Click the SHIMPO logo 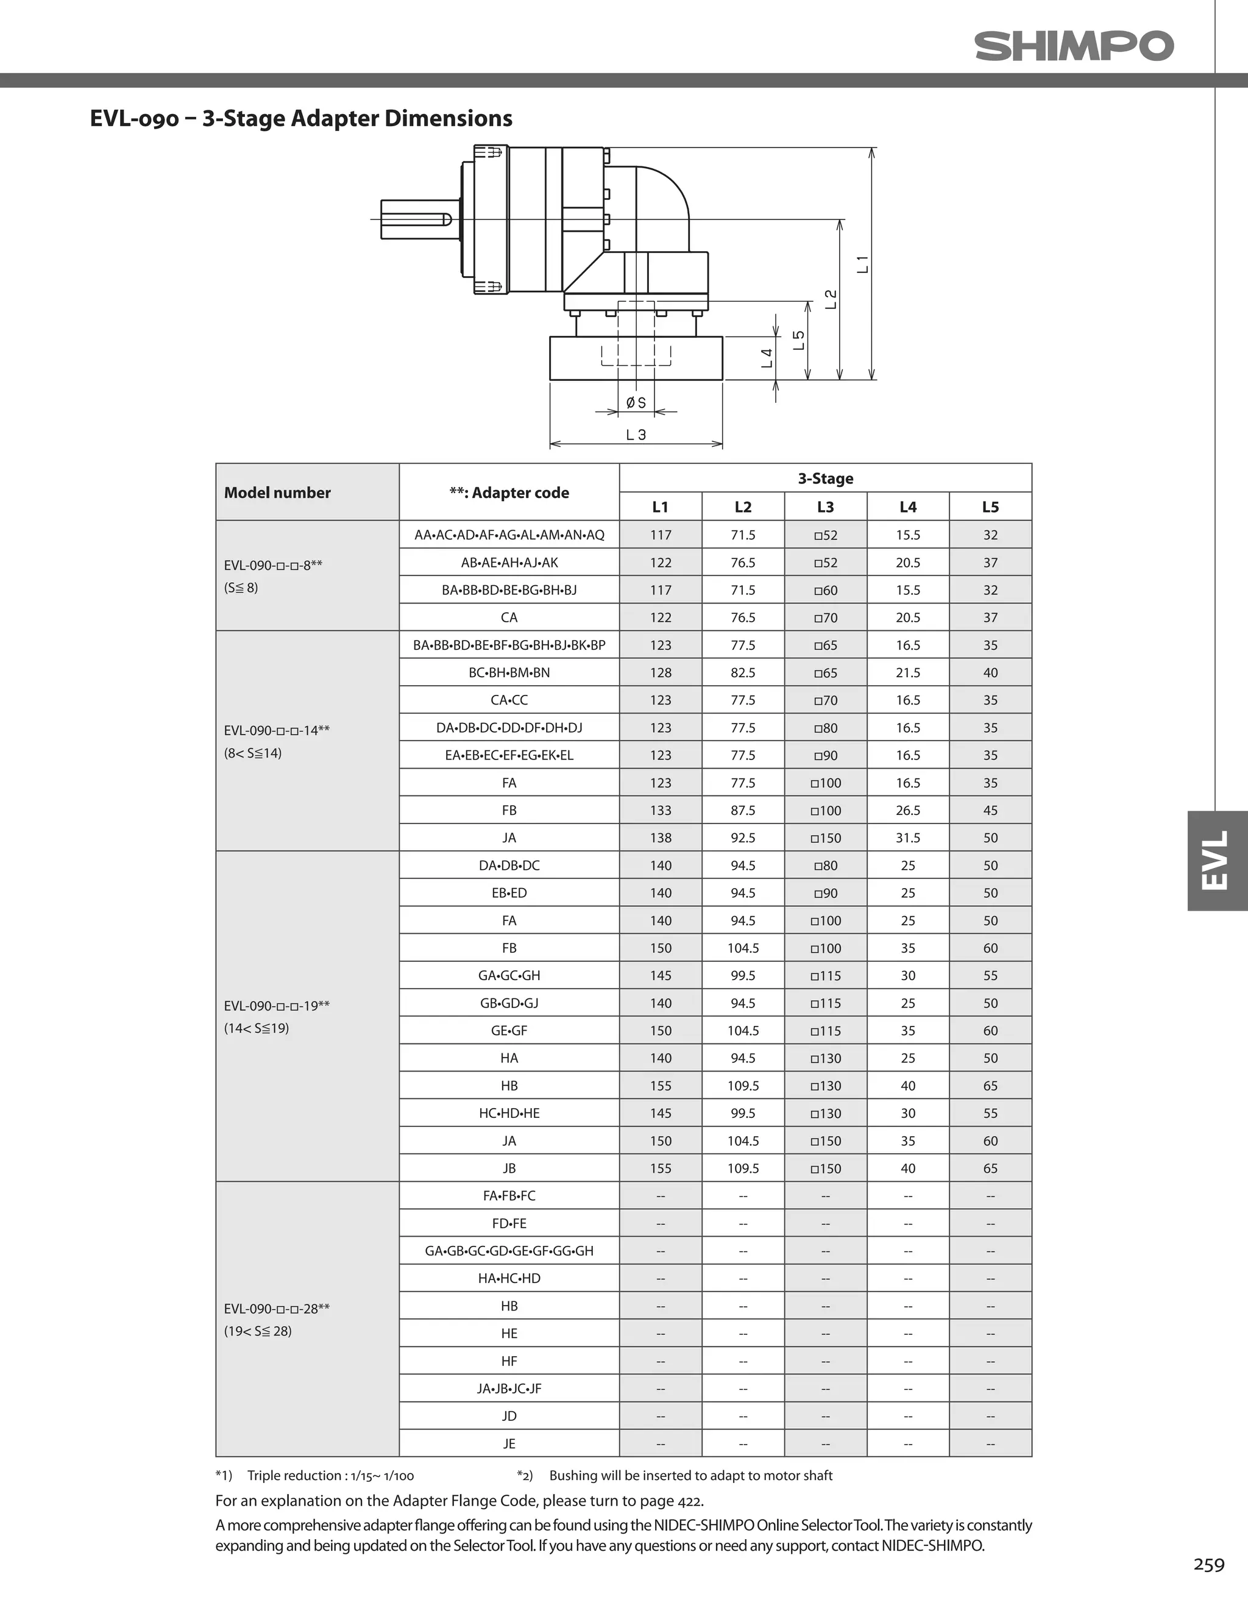(1073, 46)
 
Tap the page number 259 (1208, 1564)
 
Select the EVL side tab (1216, 861)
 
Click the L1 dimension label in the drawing (863, 264)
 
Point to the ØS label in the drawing (636, 403)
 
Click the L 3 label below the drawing (636, 435)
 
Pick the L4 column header (907, 507)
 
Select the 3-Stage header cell (826, 478)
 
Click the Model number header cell (277, 492)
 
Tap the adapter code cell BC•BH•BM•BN (509, 672)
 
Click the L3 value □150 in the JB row (826, 1168)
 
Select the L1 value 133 (660, 810)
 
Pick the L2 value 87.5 (743, 810)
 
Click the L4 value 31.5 (907, 838)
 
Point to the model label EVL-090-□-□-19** (277, 1005)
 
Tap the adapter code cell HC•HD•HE (509, 1113)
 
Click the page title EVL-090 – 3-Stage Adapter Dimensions (300, 118)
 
